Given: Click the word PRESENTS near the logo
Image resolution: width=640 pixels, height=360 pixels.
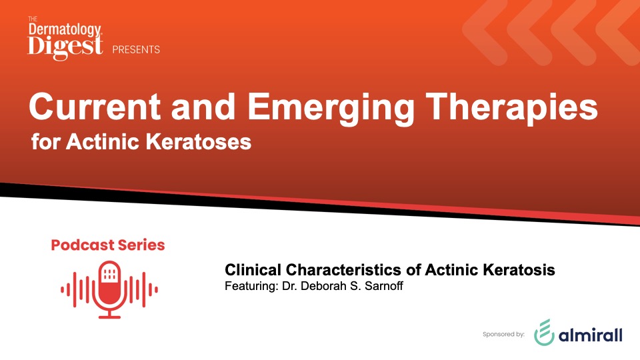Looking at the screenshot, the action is coord(136,49).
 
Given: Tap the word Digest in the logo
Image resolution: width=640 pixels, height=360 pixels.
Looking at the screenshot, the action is coord(65,46).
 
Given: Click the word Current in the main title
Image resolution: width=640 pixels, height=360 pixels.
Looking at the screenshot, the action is coord(95,107).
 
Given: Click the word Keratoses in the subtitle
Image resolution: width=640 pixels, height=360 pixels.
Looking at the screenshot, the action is coord(199,141).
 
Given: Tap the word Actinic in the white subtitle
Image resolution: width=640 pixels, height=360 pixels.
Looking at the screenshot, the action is coord(103,141).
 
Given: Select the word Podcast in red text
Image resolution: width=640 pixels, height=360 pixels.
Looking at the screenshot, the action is coord(82,245).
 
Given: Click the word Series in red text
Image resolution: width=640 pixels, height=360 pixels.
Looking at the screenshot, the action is coord(141,245).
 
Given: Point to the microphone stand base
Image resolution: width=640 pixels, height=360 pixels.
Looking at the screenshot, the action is coord(109,316).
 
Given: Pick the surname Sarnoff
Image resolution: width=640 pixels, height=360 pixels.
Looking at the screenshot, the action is coord(384,286).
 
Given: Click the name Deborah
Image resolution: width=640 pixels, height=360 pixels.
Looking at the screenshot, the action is coord(323,286).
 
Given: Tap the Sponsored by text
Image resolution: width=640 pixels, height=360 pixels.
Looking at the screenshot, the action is coord(504,334).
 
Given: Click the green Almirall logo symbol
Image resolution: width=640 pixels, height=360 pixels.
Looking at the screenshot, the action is coord(544,332).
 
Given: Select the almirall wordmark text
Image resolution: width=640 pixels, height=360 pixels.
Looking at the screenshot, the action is coord(590,335).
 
